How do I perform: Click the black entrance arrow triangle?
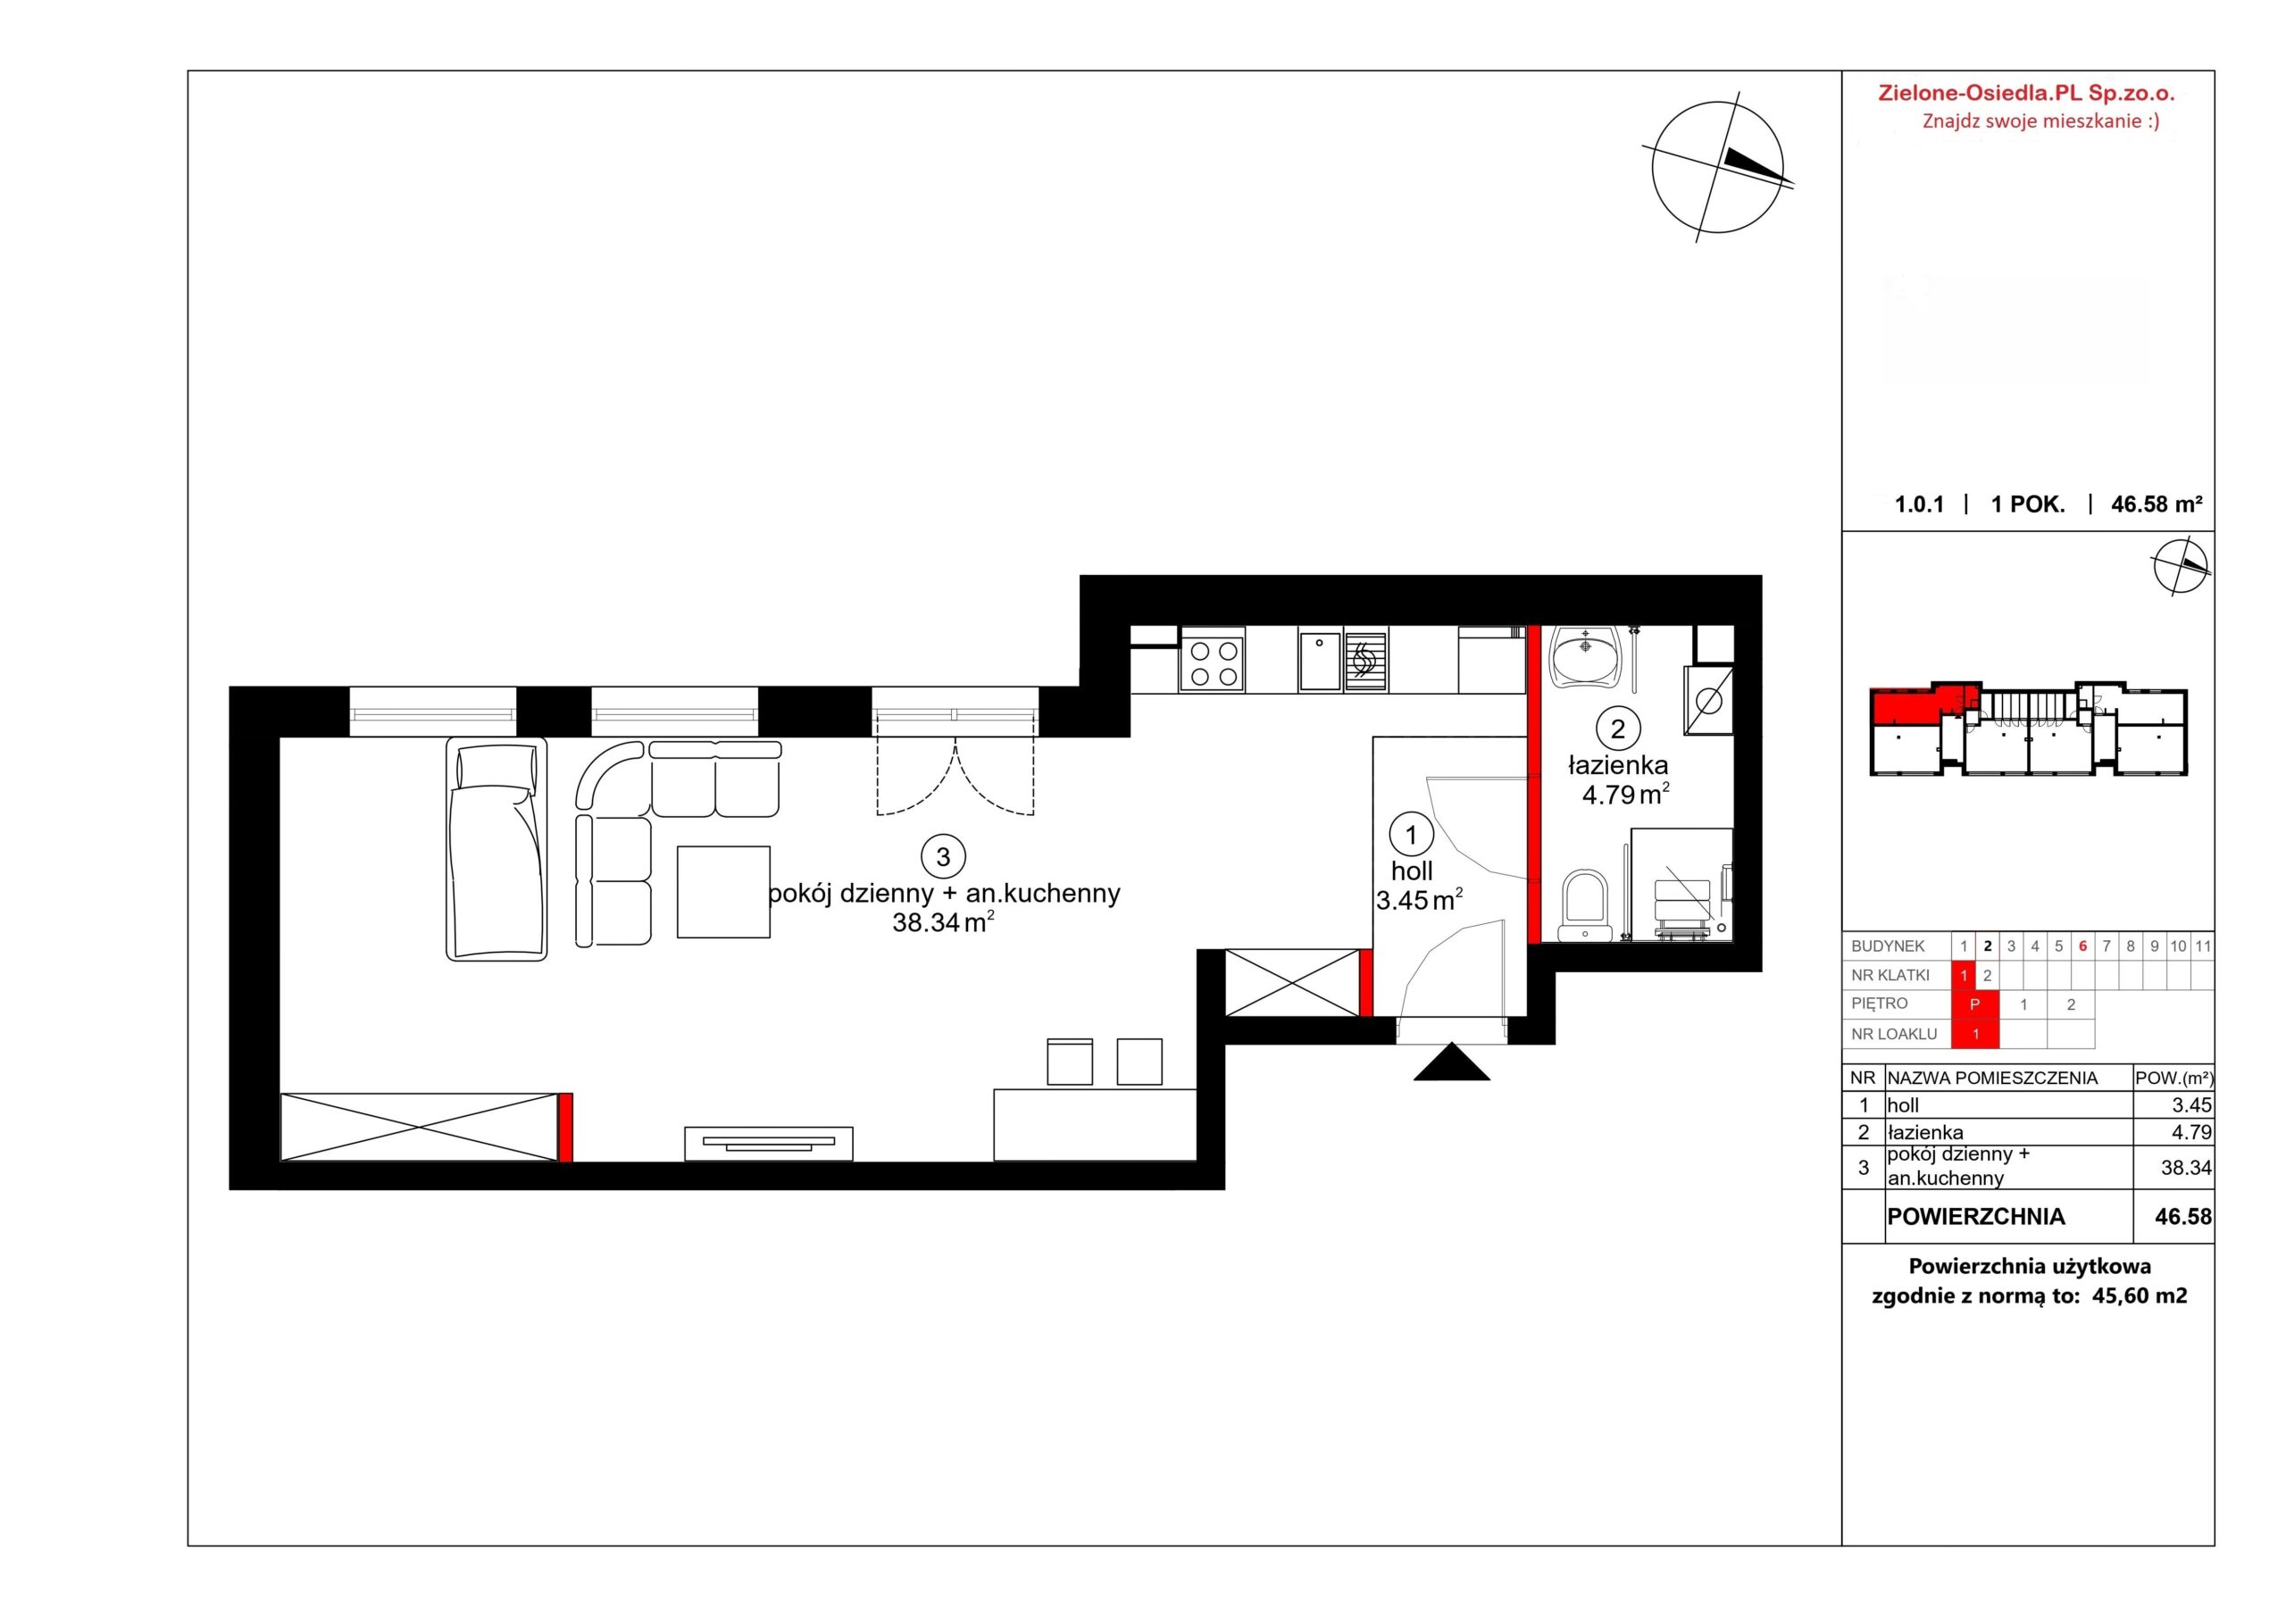[x=1452, y=1062]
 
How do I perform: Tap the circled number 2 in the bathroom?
[x=1617, y=729]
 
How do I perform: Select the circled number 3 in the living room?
[x=943, y=855]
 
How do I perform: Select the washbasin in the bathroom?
[x=1585, y=656]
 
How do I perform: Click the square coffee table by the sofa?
[x=724, y=891]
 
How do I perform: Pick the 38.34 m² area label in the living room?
[x=943, y=923]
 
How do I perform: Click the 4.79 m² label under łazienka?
[x=1626, y=795]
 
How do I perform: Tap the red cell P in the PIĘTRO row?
[x=1975, y=1004]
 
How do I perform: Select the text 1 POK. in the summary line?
[x=2028, y=504]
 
